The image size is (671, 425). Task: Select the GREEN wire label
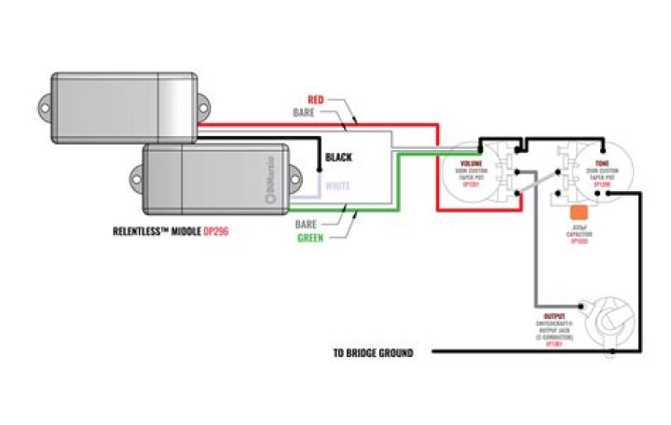point(309,238)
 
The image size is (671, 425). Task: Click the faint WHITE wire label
point(337,186)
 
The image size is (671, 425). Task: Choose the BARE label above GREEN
point(308,225)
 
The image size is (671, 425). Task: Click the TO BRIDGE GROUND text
point(373,353)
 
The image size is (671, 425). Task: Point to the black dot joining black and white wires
point(320,173)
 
